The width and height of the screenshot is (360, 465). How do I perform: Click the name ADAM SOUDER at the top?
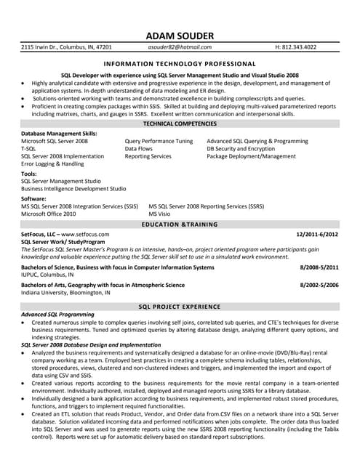(x=180, y=36)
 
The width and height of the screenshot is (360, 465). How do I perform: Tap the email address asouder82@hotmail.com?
(x=180, y=46)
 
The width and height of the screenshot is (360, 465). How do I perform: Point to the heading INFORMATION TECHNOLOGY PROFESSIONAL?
(x=180, y=64)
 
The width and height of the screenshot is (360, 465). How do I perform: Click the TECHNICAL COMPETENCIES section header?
(x=180, y=124)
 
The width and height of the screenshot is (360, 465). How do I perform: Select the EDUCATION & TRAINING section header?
(x=180, y=225)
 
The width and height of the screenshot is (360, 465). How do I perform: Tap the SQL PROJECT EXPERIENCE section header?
(x=180, y=307)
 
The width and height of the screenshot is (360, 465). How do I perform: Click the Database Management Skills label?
(x=59, y=134)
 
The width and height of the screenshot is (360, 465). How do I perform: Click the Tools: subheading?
(x=29, y=174)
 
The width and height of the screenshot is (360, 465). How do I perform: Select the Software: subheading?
(x=34, y=198)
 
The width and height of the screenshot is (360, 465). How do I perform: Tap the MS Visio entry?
(x=160, y=214)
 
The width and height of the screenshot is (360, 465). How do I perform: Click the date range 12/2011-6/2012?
(x=318, y=235)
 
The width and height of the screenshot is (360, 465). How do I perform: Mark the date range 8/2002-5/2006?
(x=319, y=286)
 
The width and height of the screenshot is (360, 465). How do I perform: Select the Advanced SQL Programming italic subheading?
(x=57, y=315)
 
